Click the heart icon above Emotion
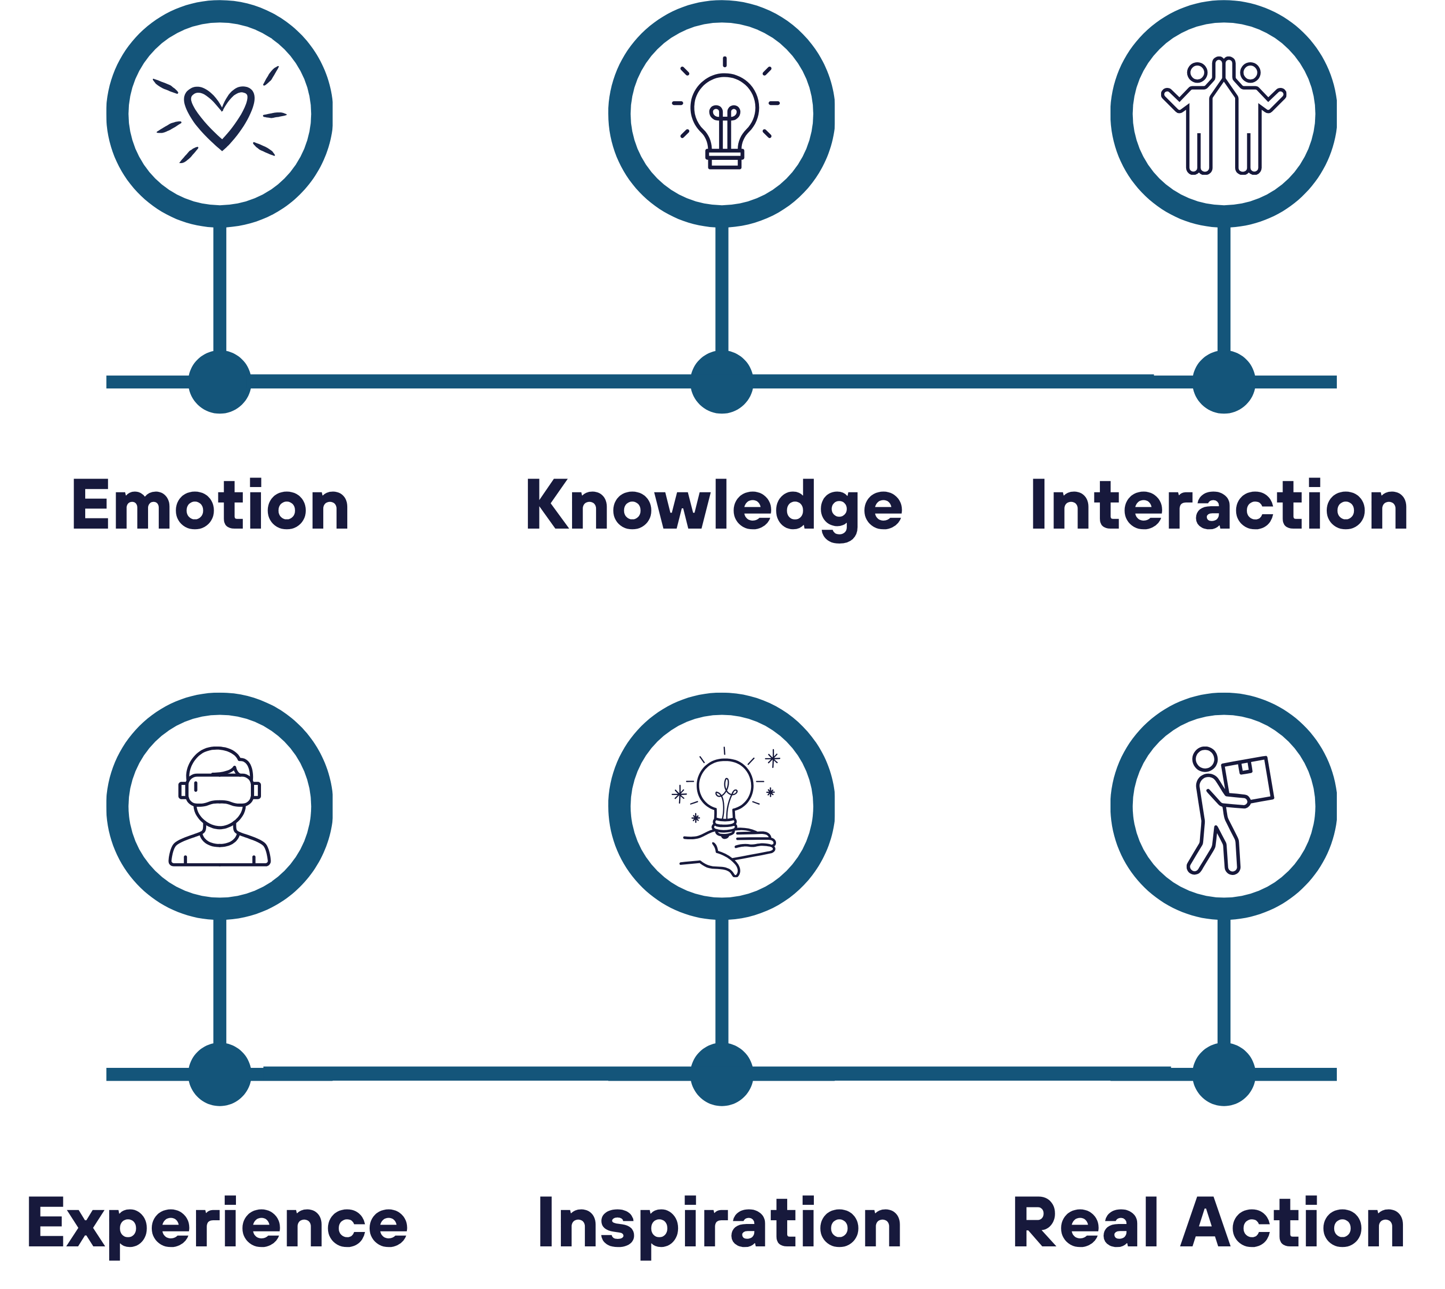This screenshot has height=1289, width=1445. [220, 115]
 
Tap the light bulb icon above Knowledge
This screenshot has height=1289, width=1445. [725, 114]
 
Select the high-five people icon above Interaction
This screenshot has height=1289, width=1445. [1223, 116]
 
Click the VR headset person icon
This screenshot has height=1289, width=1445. [220, 807]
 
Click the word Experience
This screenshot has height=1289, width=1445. [217, 1227]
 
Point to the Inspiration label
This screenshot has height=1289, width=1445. [720, 1227]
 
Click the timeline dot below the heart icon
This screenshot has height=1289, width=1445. [220, 382]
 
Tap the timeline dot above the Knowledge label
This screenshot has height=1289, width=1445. [722, 382]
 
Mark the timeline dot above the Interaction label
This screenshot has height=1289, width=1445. [1224, 382]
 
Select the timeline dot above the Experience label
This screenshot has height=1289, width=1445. [220, 1074]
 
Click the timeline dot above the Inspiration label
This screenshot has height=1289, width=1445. [722, 1074]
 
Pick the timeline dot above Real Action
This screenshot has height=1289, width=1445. [1224, 1074]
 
